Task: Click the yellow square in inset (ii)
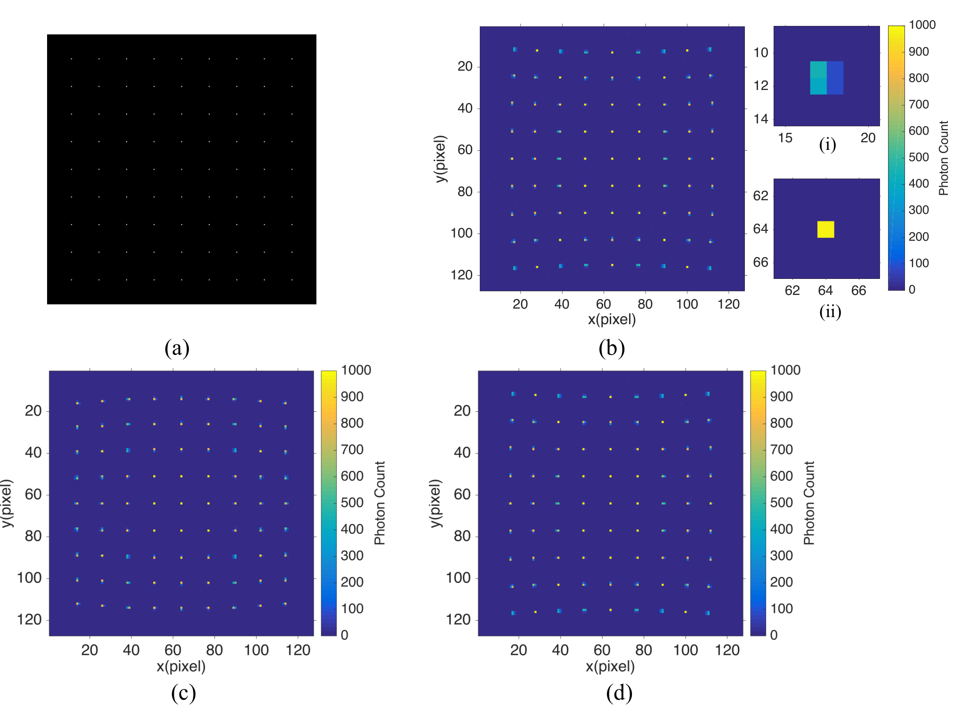[x=825, y=229]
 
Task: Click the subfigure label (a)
[x=177, y=348]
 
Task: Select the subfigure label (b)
[x=612, y=348]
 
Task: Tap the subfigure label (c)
[x=183, y=693]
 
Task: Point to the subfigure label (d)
[x=619, y=693]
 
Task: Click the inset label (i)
[x=827, y=144]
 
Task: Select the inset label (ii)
[x=830, y=311]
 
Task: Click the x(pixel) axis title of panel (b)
[x=612, y=320]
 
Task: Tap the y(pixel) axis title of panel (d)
[x=436, y=503]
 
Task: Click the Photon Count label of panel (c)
[x=380, y=503]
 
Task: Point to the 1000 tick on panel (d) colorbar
[x=785, y=370]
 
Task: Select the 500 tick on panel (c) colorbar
[x=352, y=503]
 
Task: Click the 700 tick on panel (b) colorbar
[x=919, y=105]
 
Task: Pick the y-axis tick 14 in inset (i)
[x=761, y=119]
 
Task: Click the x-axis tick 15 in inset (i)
[x=785, y=138]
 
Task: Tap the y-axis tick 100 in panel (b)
[x=461, y=233]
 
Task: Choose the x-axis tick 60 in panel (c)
[x=173, y=650]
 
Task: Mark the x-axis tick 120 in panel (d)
[x=727, y=650]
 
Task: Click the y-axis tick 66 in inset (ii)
[x=761, y=262]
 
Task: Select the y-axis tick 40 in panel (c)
[x=33, y=453]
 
